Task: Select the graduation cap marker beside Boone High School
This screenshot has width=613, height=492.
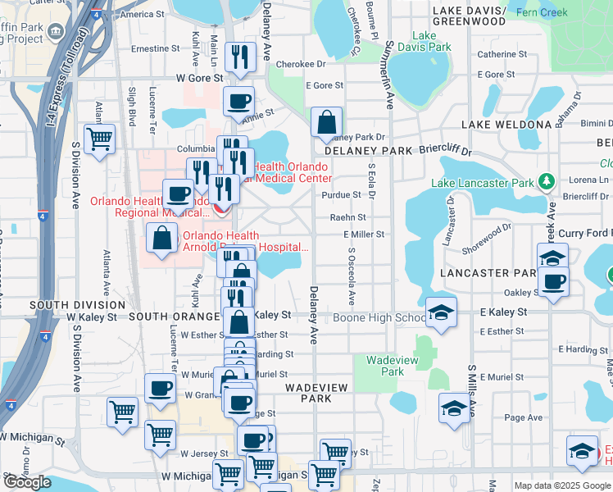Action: pyautogui.click(x=441, y=312)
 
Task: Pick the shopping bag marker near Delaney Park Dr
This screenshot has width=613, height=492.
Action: pyautogui.click(x=326, y=123)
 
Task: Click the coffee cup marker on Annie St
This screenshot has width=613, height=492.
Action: pyautogui.click(x=238, y=102)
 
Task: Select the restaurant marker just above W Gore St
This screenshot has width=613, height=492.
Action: pyautogui.click(x=239, y=56)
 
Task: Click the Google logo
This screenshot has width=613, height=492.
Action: pyautogui.click(x=27, y=481)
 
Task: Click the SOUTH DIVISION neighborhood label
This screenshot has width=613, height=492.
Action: pyautogui.click(x=55, y=304)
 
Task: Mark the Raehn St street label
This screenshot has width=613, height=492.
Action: pyautogui.click(x=347, y=217)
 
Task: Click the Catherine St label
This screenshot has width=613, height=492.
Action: pyautogui.click(x=502, y=54)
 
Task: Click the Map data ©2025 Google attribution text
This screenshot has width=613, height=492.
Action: pyautogui.click(x=561, y=485)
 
